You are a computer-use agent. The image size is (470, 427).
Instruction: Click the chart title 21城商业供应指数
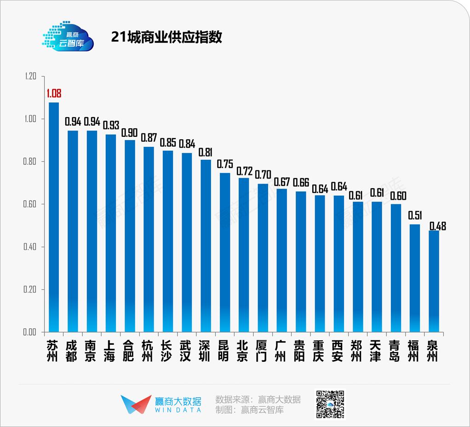point(166,37)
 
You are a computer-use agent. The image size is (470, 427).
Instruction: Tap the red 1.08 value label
point(54,94)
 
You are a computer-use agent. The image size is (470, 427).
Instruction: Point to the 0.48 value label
point(437,226)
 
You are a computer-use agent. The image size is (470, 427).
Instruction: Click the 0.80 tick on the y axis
point(30,162)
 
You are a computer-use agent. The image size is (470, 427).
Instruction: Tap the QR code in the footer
point(329,405)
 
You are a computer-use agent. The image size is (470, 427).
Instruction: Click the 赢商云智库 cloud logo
point(68,35)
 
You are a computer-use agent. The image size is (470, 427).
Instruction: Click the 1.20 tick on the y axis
point(30,76)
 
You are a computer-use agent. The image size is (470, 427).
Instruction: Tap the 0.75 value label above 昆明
point(225,164)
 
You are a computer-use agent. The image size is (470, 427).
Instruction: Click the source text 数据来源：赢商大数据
point(258,399)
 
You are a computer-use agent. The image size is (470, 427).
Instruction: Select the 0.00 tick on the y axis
point(30,332)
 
